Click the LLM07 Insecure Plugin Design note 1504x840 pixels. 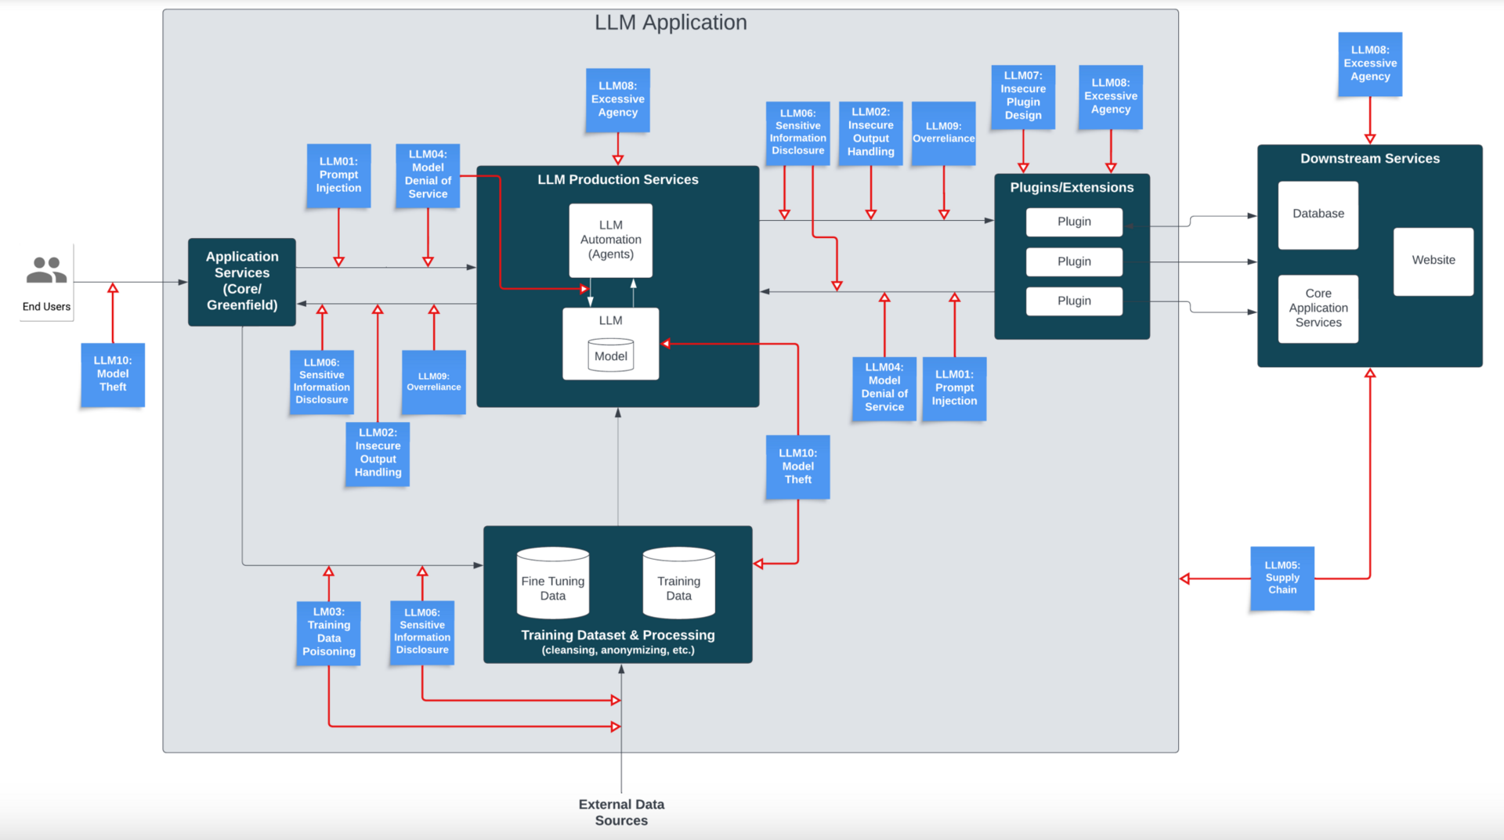pyautogui.click(x=1023, y=96)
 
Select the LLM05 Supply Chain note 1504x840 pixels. pyautogui.click(x=1282, y=578)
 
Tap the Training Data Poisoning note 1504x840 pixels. pyautogui.click(x=329, y=632)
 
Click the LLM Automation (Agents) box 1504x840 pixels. pyautogui.click(x=611, y=240)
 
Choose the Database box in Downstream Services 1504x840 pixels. pyautogui.click(x=1318, y=215)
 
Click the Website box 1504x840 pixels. pyautogui.click(x=1433, y=261)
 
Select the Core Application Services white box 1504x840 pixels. pyautogui.click(x=1318, y=308)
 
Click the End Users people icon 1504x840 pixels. pyautogui.click(x=46, y=270)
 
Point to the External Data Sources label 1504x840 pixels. pyautogui.click(x=621, y=812)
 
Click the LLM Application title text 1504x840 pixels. pyautogui.click(x=671, y=23)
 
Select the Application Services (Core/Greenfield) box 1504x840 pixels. pyautogui.click(x=242, y=281)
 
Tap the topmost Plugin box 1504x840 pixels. pyautogui.click(x=1074, y=222)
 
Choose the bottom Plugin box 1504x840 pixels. pyautogui.click(x=1074, y=301)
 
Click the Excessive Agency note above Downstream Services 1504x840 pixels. pyautogui.click(x=1370, y=63)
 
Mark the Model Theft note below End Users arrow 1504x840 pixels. pyautogui.click(x=113, y=374)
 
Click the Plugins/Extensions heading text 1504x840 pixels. pyautogui.click(x=1072, y=188)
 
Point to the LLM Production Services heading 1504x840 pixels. pyautogui.click(x=618, y=180)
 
